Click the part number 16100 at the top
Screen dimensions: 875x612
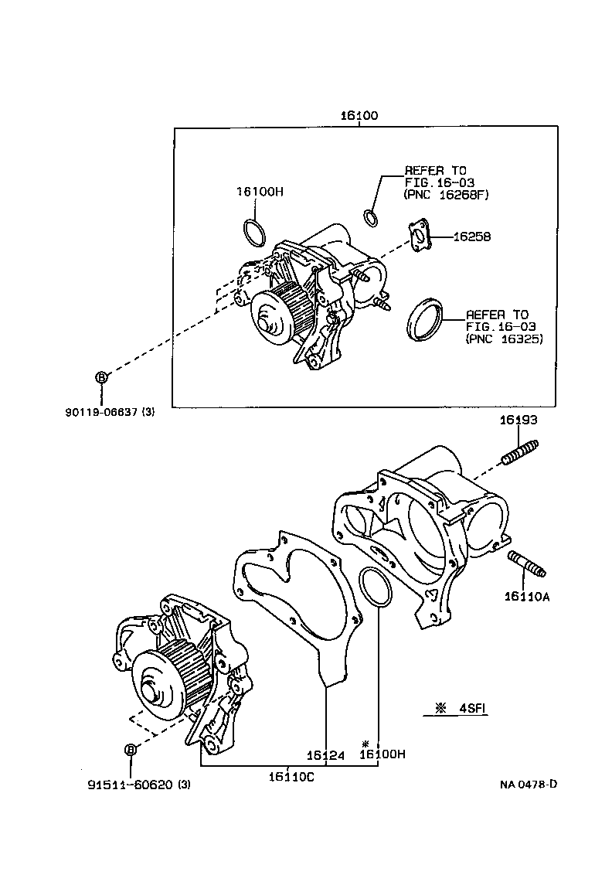click(359, 116)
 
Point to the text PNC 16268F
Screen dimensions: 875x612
click(447, 196)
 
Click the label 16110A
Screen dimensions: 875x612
click(529, 595)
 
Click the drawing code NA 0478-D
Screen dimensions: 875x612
click(528, 785)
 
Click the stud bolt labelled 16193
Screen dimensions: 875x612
click(519, 451)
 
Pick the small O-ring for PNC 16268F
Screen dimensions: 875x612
click(371, 218)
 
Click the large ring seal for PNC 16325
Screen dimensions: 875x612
click(425, 318)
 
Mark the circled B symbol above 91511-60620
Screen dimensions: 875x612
click(130, 750)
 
